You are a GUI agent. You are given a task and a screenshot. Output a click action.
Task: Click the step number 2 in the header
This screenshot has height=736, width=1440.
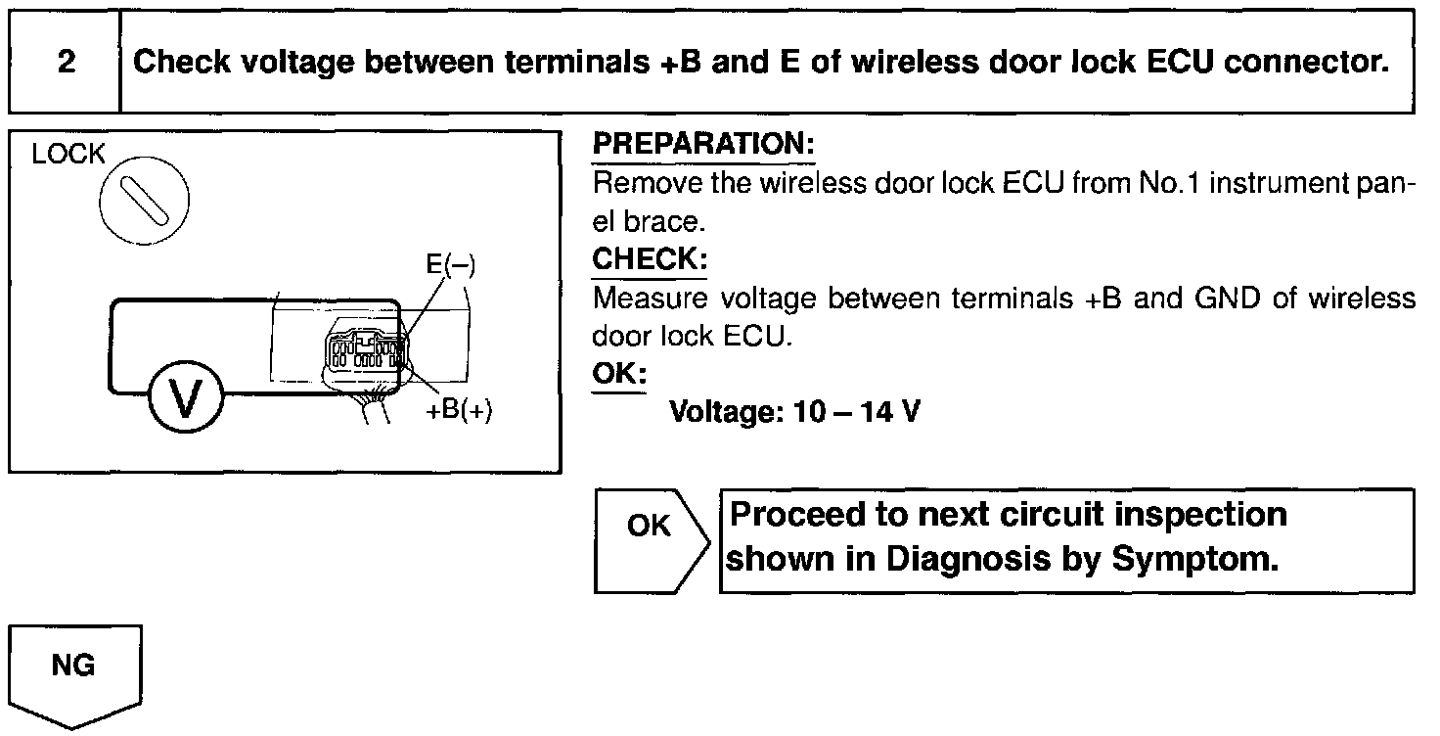point(66,63)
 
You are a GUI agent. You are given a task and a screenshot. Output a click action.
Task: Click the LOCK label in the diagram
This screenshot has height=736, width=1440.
point(67,155)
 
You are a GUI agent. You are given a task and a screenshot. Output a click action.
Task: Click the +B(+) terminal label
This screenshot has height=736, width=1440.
point(459,410)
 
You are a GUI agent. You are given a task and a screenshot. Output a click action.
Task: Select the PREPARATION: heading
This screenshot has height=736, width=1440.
point(703,145)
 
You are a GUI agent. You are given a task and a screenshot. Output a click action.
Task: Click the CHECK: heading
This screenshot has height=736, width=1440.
point(650,260)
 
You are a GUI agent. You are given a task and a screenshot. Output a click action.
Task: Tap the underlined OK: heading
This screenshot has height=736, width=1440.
point(619,374)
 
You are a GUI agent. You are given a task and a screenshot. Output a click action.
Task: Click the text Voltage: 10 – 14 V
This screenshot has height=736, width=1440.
point(794,412)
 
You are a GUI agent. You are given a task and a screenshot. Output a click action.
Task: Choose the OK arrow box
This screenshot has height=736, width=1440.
point(649,540)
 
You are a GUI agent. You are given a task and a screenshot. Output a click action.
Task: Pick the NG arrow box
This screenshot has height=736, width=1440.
point(74,675)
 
